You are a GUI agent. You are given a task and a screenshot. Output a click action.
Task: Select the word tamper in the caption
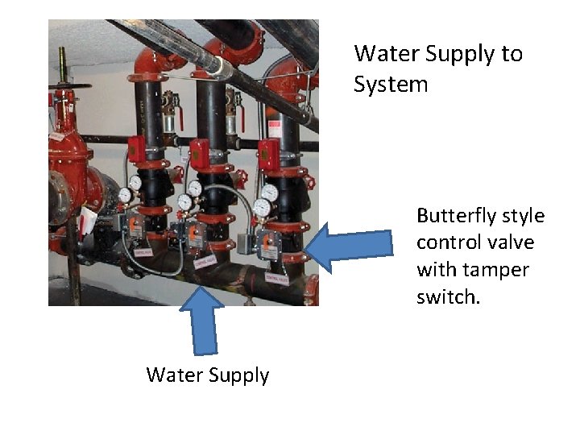pyautogui.click(x=491, y=270)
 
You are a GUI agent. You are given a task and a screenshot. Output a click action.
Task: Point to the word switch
pyautogui.click(x=448, y=297)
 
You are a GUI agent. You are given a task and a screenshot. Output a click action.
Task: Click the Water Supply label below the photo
pyautogui.click(x=208, y=375)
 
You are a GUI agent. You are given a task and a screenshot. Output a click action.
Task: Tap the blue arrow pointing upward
pyautogui.click(x=201, y=321)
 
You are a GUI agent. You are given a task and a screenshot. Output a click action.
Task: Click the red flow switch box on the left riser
pyautogui.click(x=137, y=148)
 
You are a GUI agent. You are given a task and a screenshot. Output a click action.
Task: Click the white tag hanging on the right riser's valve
pyautogui.click(x=276, y=278)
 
